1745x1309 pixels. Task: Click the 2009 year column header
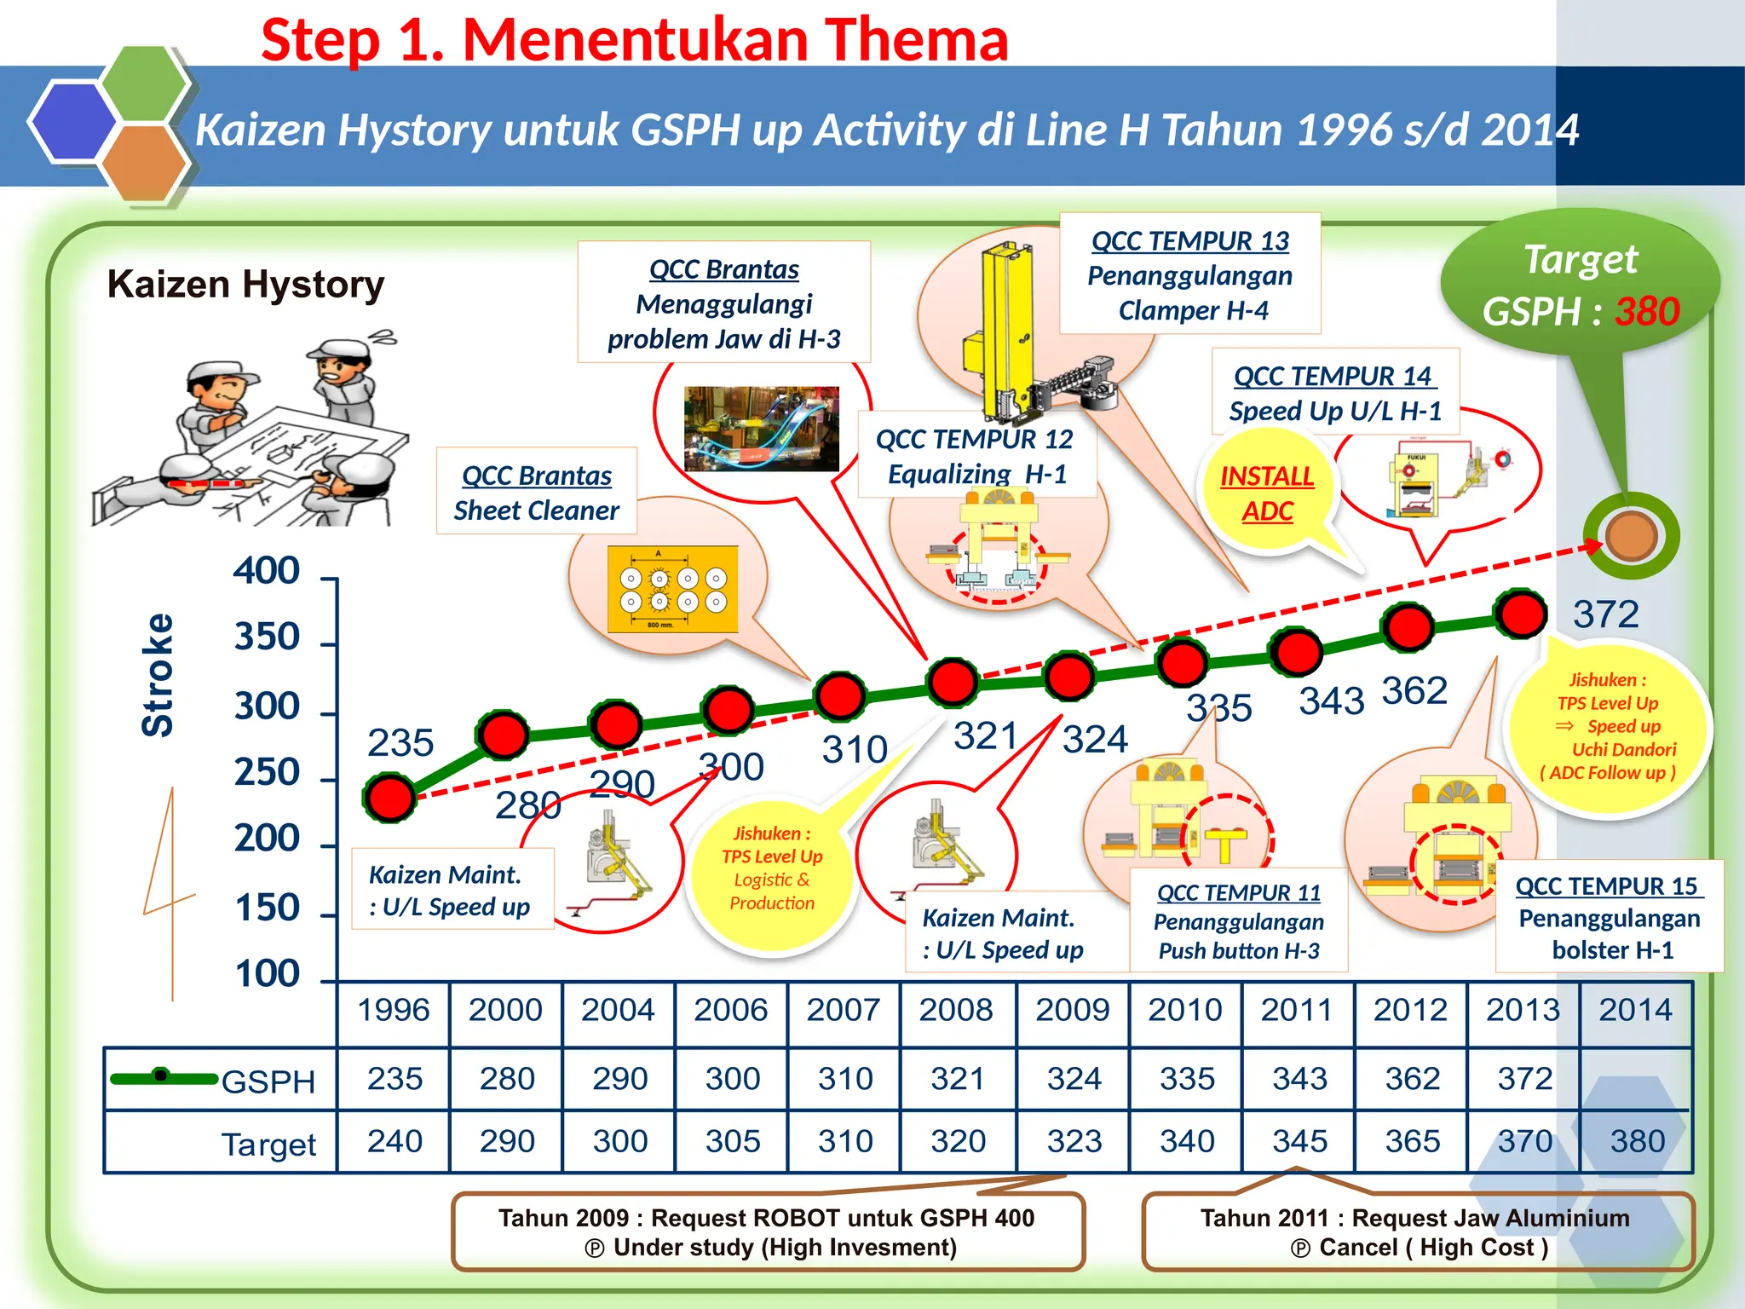tap(1072, 1010)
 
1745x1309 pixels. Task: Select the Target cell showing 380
tap(1637, 1141)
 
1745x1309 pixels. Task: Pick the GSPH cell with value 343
tap(1299, 1079)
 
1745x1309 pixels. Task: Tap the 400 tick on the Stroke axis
tap(267, 571)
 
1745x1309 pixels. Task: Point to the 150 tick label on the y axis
tap(267, 908)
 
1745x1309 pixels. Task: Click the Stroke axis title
tap(158, 675)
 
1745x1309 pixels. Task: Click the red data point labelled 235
tap(389, 797)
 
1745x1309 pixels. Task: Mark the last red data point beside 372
tap(1521, 614)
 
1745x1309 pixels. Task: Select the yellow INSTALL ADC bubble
tap(1267, 493)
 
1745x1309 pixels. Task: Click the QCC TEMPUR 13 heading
tap(1190, 241)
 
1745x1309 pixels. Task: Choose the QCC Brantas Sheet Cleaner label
tap(537, 492)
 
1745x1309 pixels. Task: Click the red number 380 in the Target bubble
tap(1647, 312)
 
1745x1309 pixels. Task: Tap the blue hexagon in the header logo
tap(72, 121)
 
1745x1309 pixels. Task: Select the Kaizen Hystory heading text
tap(245, 285)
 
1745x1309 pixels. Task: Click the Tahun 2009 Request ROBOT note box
tap(768, 1232)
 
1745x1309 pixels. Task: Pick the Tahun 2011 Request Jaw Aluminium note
tap(1416, 1232)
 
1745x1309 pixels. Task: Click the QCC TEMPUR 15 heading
tap(1609, 886)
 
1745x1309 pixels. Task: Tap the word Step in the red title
tap(320, 41)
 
